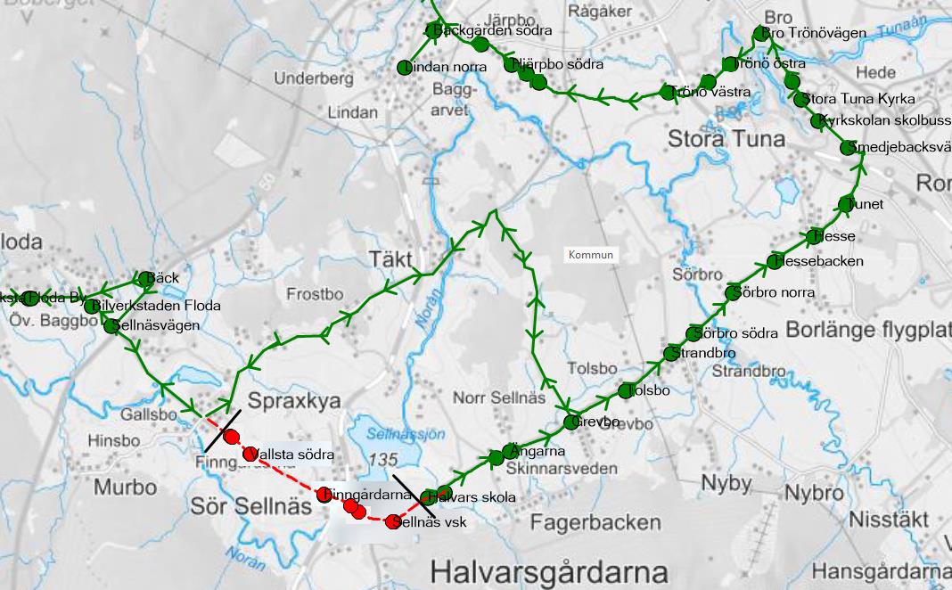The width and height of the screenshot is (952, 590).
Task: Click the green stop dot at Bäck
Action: tap(145, 279)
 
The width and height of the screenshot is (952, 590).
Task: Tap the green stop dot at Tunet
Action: tap(846, 205)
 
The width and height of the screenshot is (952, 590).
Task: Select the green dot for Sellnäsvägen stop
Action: tap(111, 326)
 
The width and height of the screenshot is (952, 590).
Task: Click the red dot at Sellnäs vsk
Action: tap(392, 522)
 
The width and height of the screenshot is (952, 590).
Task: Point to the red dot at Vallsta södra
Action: tap(250, 454)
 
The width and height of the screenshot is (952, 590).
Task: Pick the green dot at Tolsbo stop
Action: tap(626, 391)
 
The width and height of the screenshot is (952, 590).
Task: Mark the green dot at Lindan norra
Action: tap(404, 68)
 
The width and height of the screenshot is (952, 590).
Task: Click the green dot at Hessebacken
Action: tap(775, 262)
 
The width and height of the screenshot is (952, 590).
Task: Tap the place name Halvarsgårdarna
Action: tap(548, 570)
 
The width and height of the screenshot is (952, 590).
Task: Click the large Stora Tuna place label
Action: tap(726, 139)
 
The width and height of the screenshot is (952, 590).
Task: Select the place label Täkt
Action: tap(390, 259)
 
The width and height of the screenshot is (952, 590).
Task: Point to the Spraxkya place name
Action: tap(294, 401)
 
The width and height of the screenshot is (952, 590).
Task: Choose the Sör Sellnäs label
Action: tap(251, 507)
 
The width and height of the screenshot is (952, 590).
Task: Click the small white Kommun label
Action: tap(592, 255)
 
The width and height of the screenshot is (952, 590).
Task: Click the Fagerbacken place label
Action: tap(595, 523)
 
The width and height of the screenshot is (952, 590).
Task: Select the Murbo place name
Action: tap(125, 488)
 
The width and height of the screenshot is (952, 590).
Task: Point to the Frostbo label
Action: tap(315, 294)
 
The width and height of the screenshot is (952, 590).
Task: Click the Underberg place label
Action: tap(314, 78)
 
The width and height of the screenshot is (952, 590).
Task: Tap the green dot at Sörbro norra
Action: tap(733, 292)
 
